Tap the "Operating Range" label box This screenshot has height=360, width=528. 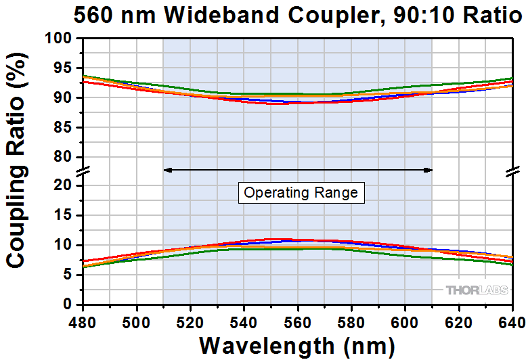[301, 193]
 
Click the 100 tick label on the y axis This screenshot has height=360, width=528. [60, 39]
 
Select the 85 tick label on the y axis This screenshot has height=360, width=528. [64, 127]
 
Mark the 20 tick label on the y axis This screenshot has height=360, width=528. [64, 185]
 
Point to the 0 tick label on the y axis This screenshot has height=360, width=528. [68, 305]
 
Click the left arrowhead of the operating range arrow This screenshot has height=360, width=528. [167, 170]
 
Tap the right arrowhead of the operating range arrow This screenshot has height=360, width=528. [429, 170]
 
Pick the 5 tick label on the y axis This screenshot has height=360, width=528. [68, 275]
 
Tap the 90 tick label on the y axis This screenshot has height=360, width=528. [64, 97]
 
